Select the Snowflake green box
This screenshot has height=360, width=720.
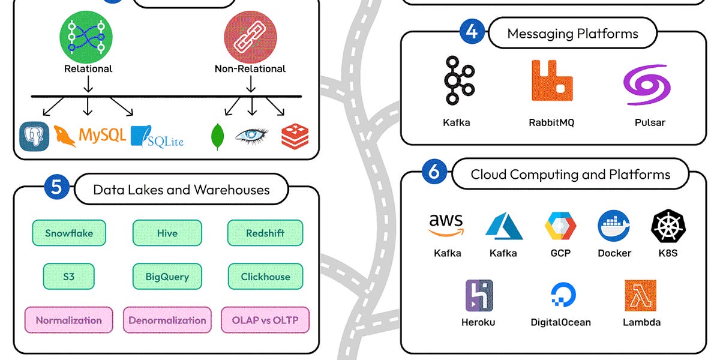pyautogui.click(x=68, y=233)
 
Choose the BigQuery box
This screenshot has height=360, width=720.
pyautogui.click(x=167, y=277)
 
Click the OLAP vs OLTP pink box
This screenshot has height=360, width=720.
pyautogui.click(x=265, y=320)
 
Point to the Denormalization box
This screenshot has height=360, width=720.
pyautogui.click(x=167, y=320)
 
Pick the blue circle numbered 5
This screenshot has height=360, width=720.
pyautogui.click(x=56, y=187)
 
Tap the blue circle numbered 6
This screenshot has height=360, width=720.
pyautogui.click(x=434, y=172)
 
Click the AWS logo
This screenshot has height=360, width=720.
pyautogui.click(x=447, y=225)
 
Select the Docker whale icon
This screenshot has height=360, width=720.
pyautogui.click(x=614, y=226)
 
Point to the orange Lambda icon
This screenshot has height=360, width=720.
pyautogui.click(x=640, y=295)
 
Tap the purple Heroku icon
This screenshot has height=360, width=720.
pyautogui.click(x=479, y=295)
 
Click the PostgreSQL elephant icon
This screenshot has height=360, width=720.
pyautogui.click(x=34, y=136)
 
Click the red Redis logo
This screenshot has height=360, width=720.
pyautogui.click(x=295, y=136)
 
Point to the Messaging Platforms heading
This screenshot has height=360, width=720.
pyautogui.click(x=572, y=33)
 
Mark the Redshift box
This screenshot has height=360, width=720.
pyautogui.click(x=265, y=233)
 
